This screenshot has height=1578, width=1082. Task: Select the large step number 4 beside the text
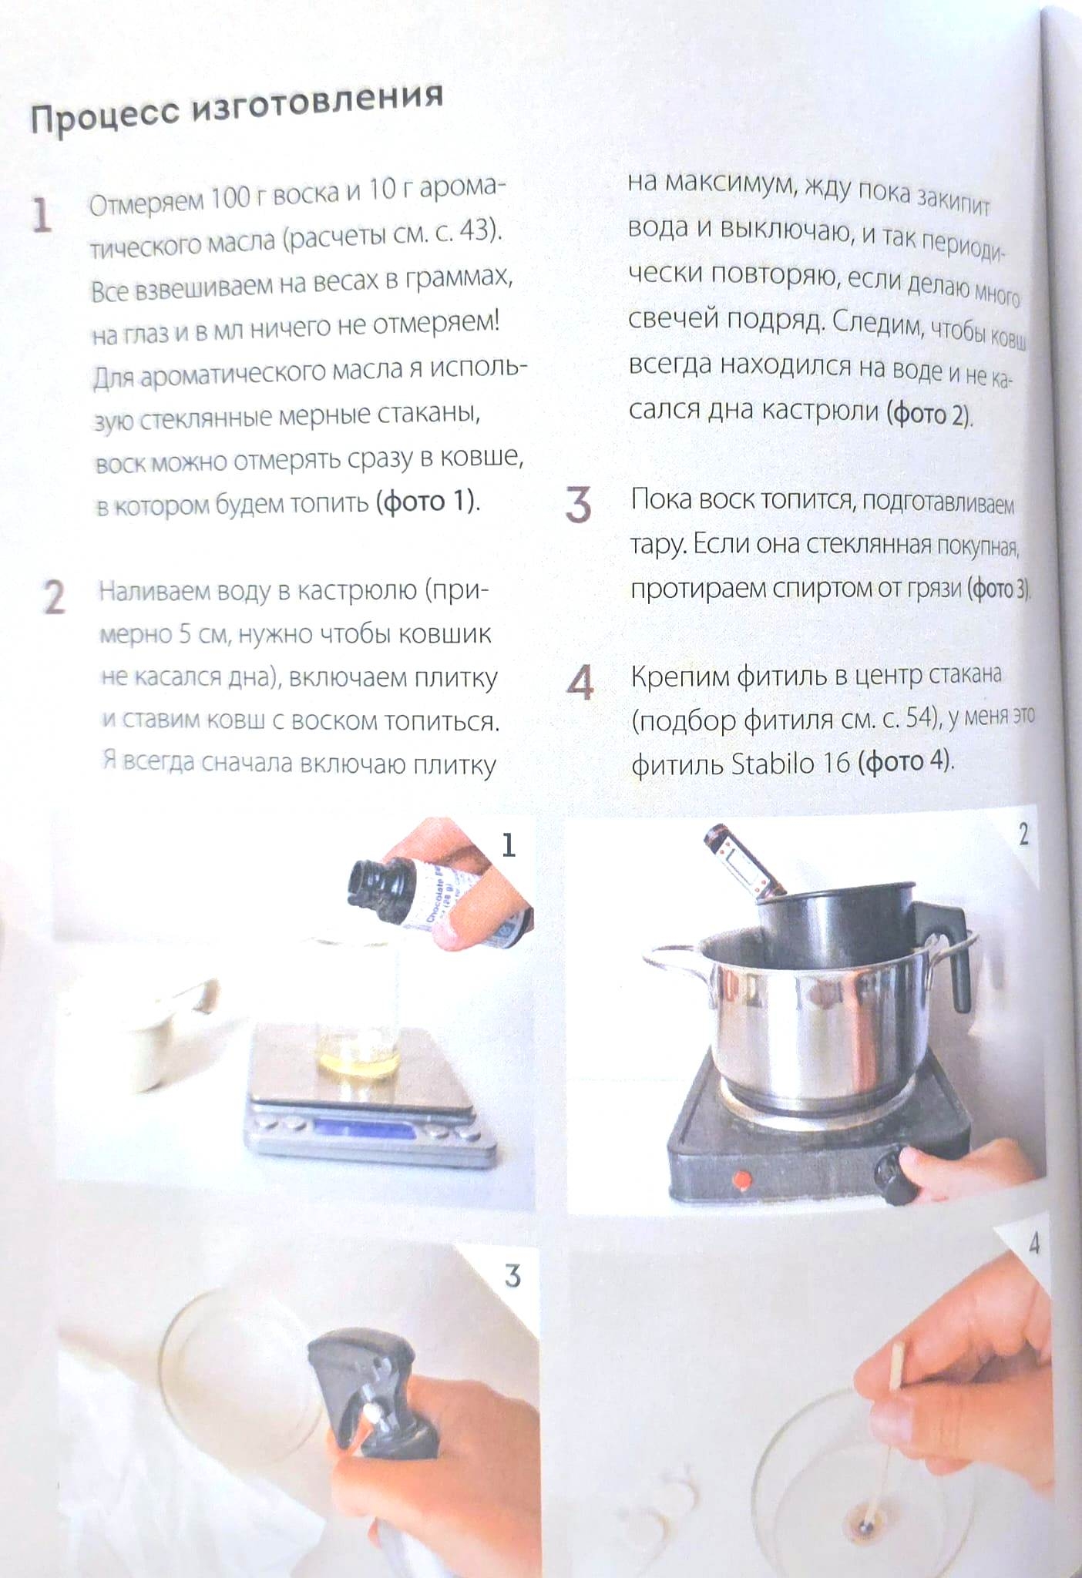click(580, 682)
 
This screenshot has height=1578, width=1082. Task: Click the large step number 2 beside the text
click(54, 597)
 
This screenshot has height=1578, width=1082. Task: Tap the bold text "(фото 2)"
click(930, 415)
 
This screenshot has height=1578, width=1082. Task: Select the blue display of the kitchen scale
click(362, 1130)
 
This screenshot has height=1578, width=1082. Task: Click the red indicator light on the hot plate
click(741, 1178)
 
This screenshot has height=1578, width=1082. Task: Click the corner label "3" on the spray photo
click(512, 1277)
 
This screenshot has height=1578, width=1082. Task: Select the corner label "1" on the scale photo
click(509, 845)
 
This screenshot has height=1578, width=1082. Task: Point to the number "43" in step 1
click(473, 230)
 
